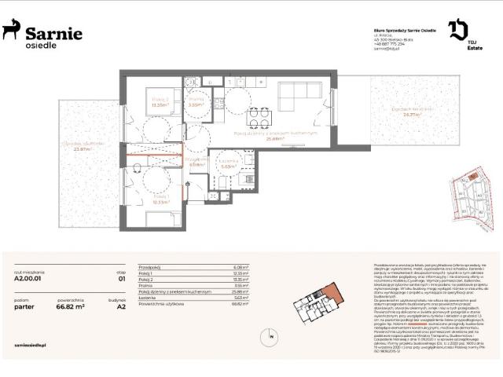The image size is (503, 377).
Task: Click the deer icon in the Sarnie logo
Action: click(x=12, y=30)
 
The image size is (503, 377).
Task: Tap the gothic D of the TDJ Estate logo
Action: click(x=457, y=30)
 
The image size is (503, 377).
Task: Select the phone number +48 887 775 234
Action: click(x=391, y=45)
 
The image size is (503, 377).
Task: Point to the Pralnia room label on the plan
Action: click(x=196, y=100)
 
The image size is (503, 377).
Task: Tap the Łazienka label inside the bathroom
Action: click(x=229, y=162)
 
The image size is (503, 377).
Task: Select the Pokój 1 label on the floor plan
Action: click(x=161, y=199)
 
